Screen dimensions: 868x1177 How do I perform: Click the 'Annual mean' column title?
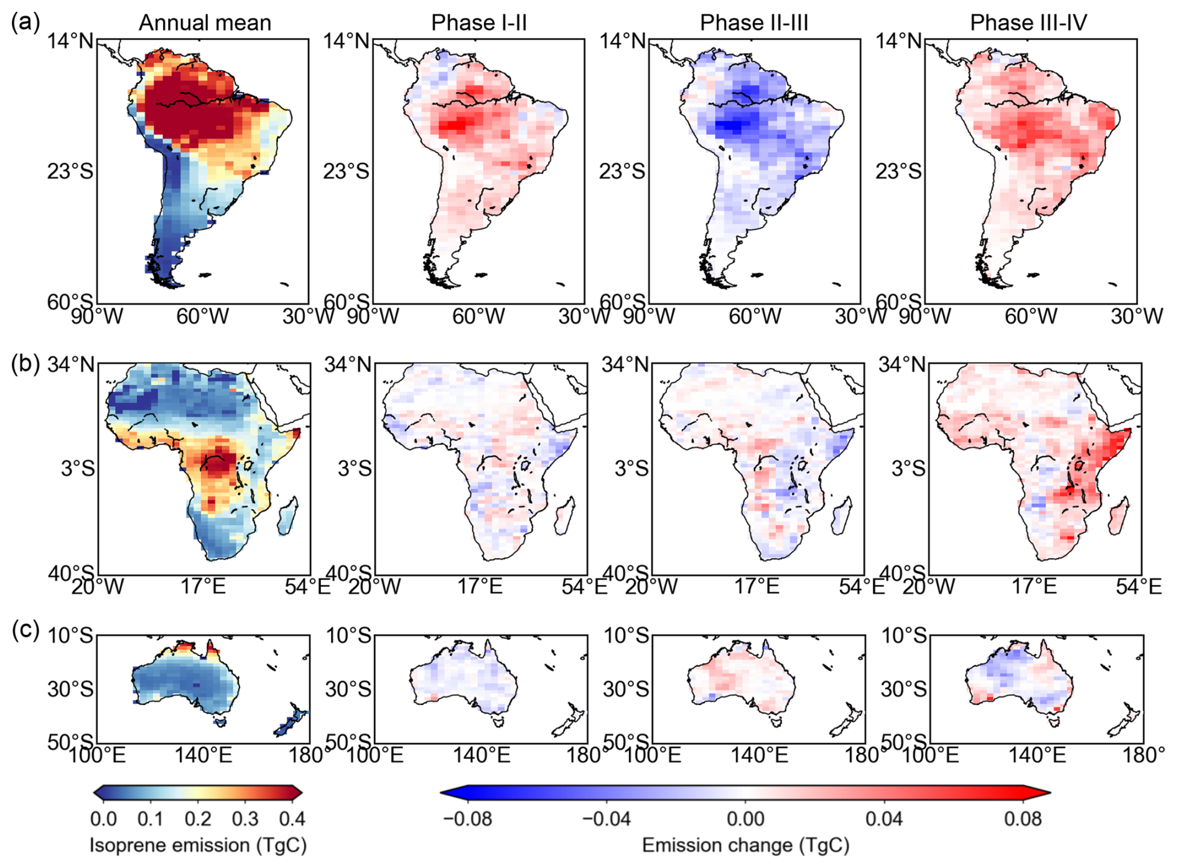click(205, 23)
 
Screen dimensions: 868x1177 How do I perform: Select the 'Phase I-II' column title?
click(479, 23)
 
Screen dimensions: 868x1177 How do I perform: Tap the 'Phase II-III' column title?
click(754, 23)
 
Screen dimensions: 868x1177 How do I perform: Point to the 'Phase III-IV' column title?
click(1028, 23)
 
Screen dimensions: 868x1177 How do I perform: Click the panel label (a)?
click(26, 22)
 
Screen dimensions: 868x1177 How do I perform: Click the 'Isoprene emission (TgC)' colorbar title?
click(198, 845)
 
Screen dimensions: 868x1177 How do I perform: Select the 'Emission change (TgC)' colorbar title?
click(745, 845)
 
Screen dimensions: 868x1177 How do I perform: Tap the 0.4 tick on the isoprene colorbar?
click(292, 818)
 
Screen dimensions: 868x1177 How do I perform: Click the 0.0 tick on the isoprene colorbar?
click(103, 818)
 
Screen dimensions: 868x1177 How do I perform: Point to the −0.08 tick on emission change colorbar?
click(467, 818)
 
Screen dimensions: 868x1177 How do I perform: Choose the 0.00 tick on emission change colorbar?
click(745, 818)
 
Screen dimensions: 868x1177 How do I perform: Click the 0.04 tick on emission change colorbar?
click(884, 818)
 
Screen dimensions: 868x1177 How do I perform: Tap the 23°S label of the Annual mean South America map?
click(70, 171)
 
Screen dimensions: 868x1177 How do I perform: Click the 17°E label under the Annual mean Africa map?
click(203, 586)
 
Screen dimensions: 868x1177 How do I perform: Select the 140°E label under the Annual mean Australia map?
click(203, 755)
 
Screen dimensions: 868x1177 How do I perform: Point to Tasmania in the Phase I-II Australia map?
click(496, 722)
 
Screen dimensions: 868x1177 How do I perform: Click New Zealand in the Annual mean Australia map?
click(291, 721)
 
